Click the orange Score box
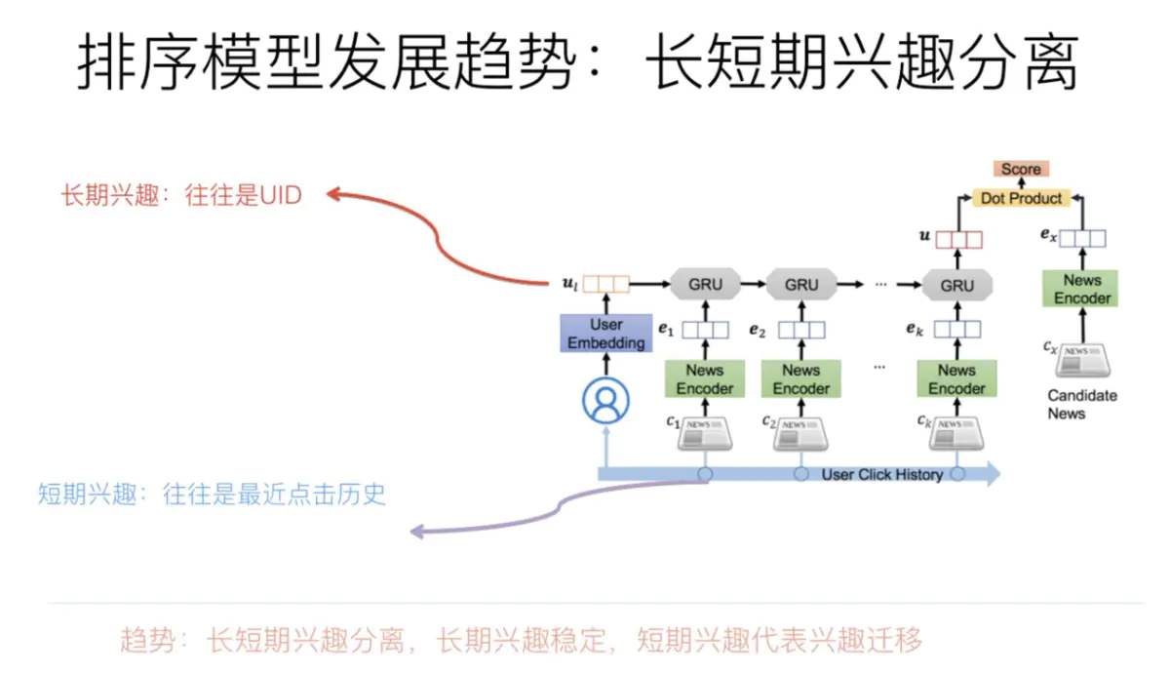pos(1021,170)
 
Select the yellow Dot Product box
pos(1021,198)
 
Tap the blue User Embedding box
pos(606,334)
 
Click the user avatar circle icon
pos(606,400)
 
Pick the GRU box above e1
pos(705,285)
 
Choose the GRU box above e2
pos(801,285)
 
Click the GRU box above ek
pos(956,285)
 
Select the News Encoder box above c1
pos(705,379)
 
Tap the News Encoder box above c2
pos(801,379)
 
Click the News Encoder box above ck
pos(956,379)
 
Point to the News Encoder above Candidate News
pos(1082,289)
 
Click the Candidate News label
pos(1082,404)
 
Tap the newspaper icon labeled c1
pos(706,432)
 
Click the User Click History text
pos(881,475)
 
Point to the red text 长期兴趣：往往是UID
pos(181,195)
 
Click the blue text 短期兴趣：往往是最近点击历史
pos(213,494)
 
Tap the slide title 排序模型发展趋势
pos(322,64)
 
